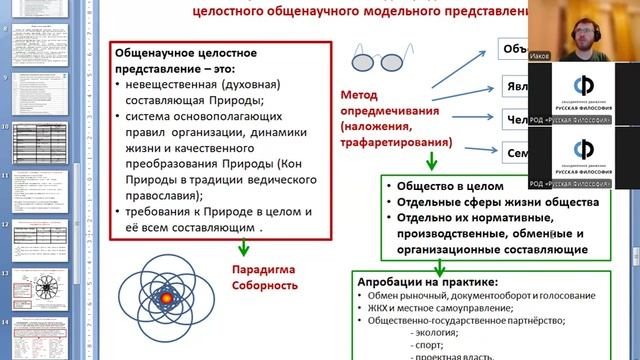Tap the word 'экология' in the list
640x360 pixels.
[436, 331]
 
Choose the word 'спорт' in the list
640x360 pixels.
[431, 343]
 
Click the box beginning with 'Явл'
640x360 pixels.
[515, 85]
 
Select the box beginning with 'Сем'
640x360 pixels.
[515, 153]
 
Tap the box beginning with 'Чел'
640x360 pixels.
[515, 119]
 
